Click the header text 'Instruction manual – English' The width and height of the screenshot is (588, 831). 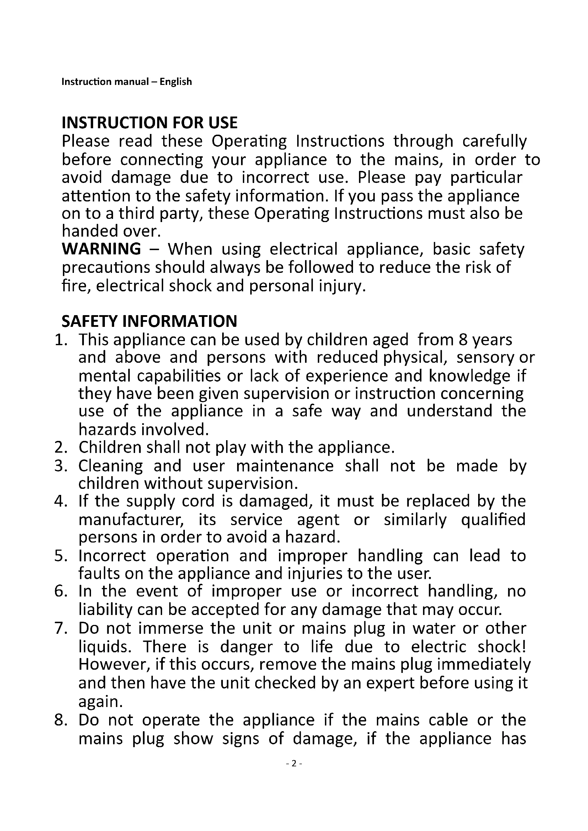(x=126, y=82)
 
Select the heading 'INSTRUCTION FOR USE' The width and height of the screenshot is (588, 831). (x=150, y=123)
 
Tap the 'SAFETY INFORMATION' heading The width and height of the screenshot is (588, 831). (x=149, y=321)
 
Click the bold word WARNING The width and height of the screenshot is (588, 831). (x=101, y=249)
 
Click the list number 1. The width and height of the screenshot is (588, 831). (x=60, y=340)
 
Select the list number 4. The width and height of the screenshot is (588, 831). (x=60, y=501)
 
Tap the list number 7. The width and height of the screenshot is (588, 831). (x=60, y=628)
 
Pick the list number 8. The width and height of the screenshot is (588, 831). (x=60, y=720)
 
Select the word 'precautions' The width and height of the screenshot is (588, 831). (x=105, y=268)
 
